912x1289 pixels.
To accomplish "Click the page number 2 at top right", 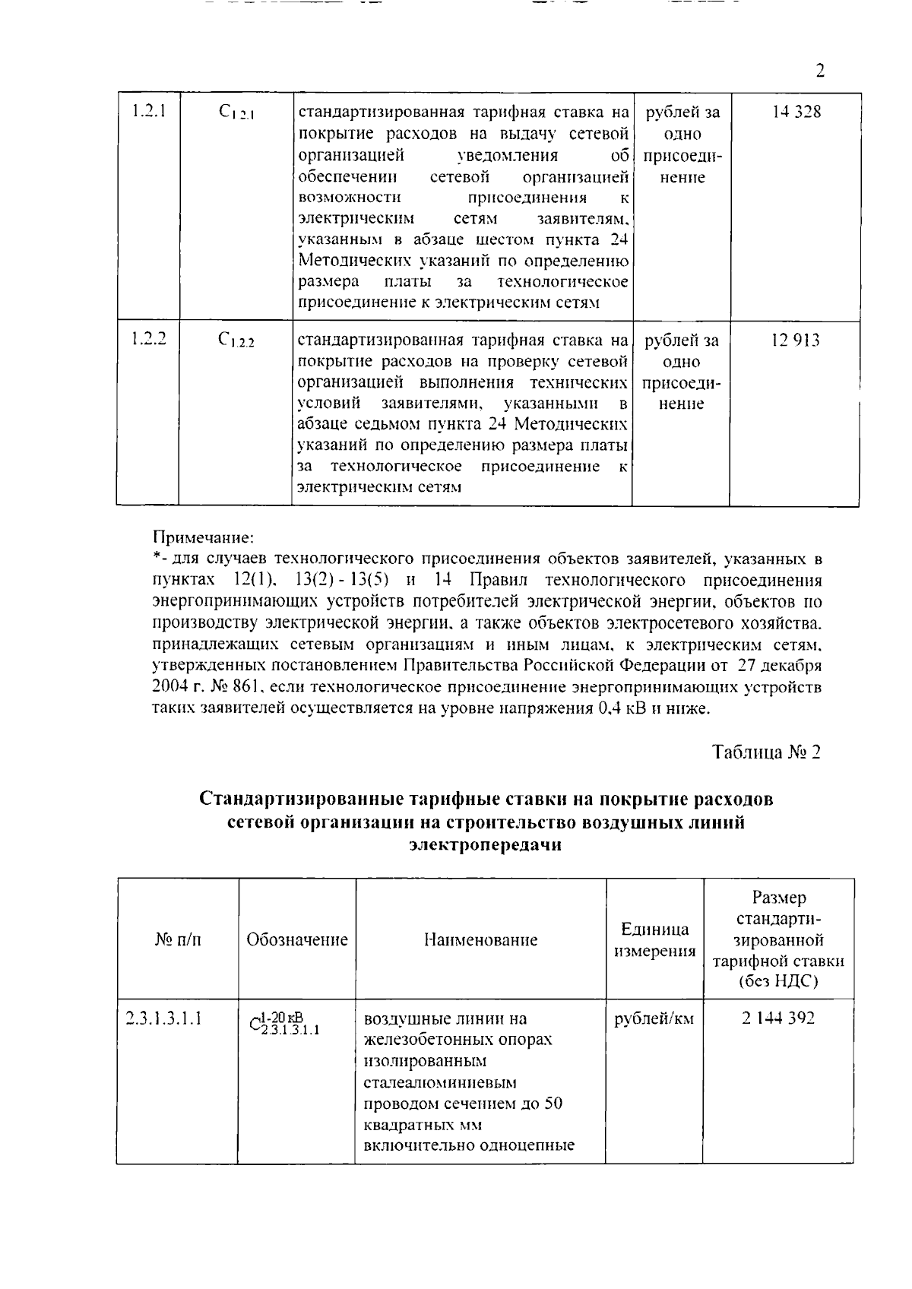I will (x=819, y=71).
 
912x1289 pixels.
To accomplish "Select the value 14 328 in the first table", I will (x=796, y=112).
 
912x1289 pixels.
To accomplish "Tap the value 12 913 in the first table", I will (x=795, y=340).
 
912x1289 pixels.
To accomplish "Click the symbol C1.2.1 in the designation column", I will (x=236, y=112).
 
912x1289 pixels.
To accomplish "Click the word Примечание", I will (x=202, y=538).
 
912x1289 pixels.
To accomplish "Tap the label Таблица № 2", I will (x=767, y=752).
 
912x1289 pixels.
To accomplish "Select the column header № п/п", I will (x=178, y=939).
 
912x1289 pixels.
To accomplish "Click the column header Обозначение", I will (x=297, y=939).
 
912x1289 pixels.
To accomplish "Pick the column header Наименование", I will (x=480, y=939).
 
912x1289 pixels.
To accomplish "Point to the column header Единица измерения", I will (x=654, y=939).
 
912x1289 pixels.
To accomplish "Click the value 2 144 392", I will (x=778, y=1018).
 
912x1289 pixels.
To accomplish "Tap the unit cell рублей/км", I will (x=654, y=1018).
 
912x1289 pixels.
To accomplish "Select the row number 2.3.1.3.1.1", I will (x=163, y=1018).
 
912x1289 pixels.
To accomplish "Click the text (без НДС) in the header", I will (x=778, y=982).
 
